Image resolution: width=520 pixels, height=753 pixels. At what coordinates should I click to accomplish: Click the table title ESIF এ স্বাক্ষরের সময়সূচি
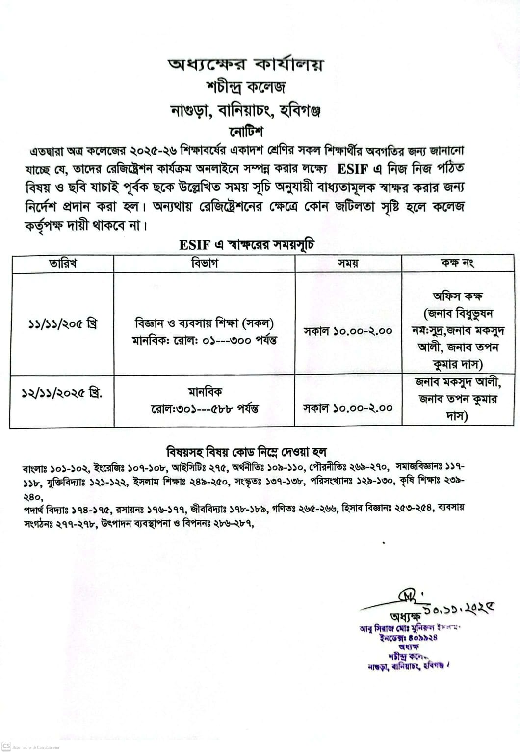click(246, 245)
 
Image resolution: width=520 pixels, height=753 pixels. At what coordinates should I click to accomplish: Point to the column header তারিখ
click(62, 263)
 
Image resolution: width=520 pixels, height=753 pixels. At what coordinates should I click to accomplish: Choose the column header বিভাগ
click(204, 263)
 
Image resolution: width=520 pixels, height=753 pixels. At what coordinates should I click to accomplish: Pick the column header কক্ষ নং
click(457, 263)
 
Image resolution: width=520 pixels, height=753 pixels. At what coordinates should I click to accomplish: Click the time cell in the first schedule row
click(348, 331)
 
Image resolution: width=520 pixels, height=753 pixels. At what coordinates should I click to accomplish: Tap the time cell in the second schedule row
click(348, 407)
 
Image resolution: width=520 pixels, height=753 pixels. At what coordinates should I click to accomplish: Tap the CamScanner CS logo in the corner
click(6, 746)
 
